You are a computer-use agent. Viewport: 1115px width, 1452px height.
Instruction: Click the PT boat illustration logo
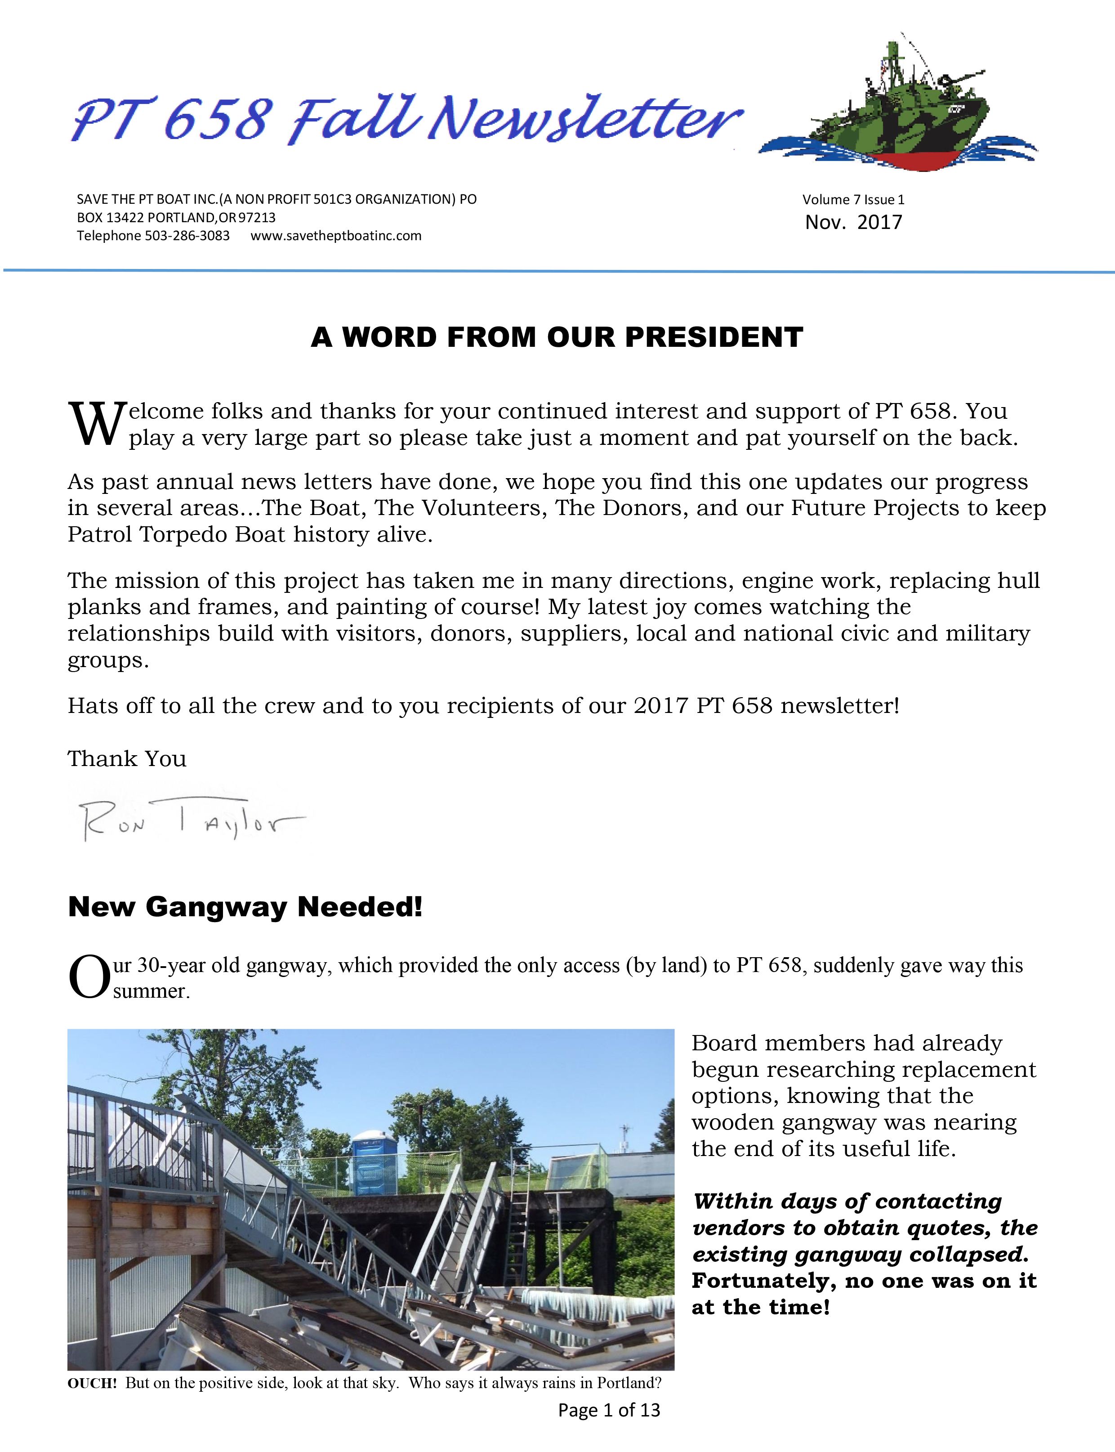point(897,110)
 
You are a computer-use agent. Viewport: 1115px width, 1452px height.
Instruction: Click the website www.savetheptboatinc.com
point(336,236)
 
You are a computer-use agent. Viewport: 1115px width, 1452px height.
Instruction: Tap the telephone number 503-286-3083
point(187,236)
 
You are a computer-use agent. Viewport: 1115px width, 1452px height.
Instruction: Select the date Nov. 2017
point(853,222)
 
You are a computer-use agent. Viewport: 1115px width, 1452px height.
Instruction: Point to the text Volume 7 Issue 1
point(853,200)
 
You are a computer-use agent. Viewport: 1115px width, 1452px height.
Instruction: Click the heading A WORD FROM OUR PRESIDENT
point(557,337)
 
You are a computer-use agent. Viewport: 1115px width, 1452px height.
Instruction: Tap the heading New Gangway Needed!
point(245,907)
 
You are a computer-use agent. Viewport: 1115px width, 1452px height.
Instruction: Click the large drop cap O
point(89,977)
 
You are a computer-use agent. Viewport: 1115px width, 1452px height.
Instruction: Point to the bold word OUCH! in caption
point(92,1383)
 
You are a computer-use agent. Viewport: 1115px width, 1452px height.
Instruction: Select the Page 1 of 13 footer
point(609,1410)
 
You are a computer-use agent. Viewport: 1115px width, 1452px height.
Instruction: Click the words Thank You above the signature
point(127,759)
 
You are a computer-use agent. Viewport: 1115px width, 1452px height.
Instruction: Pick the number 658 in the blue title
point(218,120)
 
